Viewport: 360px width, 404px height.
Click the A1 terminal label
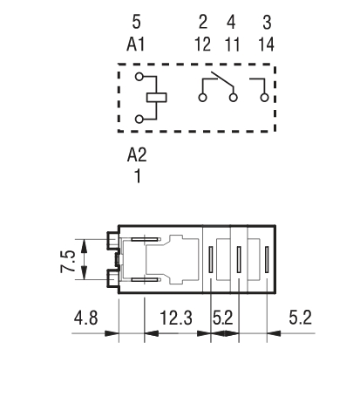136,45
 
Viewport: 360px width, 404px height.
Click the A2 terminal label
137,154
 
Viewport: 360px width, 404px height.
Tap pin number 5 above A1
136,22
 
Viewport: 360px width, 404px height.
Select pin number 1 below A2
138,176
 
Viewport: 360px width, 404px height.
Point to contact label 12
202,45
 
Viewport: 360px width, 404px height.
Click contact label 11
232,45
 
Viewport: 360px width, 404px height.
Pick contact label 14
266,45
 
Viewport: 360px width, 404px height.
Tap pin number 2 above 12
203,22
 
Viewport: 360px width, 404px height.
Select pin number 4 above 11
231,22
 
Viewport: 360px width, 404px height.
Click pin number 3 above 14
267,23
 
